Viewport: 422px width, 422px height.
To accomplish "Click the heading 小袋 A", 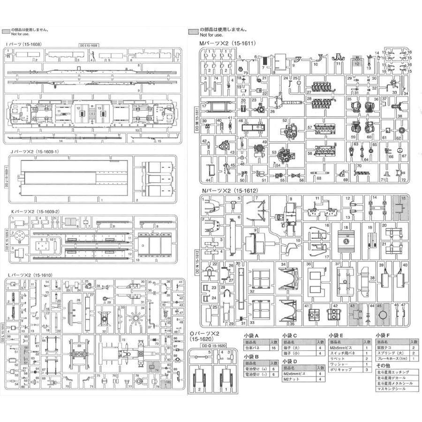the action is (x=254, y=335).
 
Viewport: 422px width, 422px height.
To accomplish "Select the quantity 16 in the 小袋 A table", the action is (x=273, y=348).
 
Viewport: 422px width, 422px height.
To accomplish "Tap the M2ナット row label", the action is (x=292, y=379).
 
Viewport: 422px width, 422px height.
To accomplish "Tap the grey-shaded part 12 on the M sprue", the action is (x=357, y=61).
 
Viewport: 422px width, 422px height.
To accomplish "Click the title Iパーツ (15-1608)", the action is (x=23, y=44).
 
